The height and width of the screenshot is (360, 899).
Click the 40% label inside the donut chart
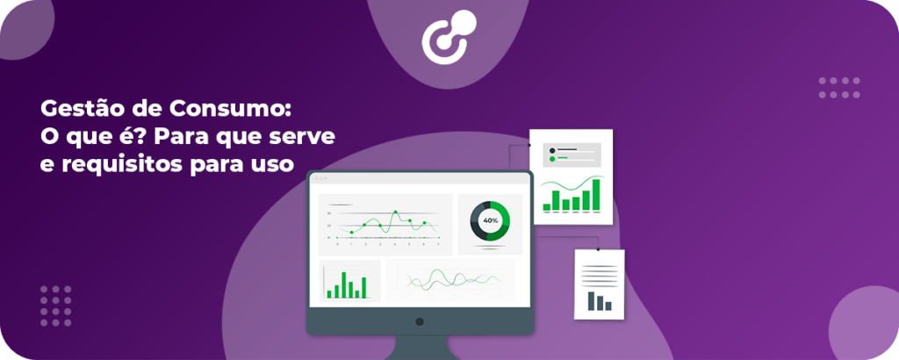[x=490, y=220]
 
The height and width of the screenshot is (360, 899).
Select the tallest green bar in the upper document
[x=596, y=194]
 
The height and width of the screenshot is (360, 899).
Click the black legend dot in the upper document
[x=552, y=151]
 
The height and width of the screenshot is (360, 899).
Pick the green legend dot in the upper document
[x=552, y=160]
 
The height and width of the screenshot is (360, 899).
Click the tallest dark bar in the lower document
[x=592, y=300]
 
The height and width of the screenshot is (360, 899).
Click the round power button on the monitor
[x=420, y=321]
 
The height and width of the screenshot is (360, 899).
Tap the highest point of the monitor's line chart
[x=396, y=213]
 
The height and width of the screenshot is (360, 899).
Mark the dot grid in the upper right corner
[x=839, y=87]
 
